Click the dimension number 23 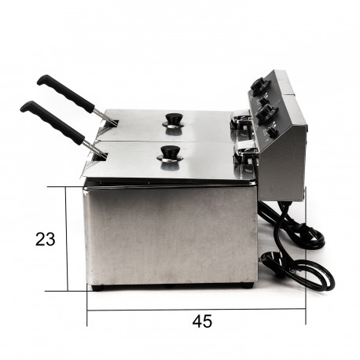(x=46, y=239)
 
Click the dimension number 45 (x=202, y=321)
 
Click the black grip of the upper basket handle (x=65, y=94)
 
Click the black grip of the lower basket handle (x=52, y=123)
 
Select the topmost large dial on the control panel (x=260, y=83)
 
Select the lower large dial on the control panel (x=265, y=112)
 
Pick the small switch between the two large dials (x=263, y=100)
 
